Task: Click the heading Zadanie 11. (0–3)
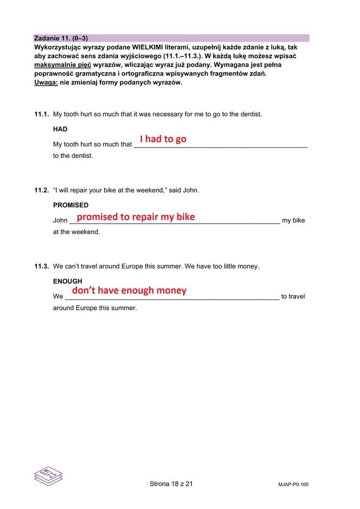(61, 39)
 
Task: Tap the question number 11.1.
(41, 114)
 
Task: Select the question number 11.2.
(41, 190)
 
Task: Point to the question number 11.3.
(41, 266)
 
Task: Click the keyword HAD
(60, 129)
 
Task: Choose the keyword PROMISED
(70, 205)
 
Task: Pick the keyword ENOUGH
(67, 281)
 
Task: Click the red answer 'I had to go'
(163, 139)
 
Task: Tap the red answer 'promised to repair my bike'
(136, 217)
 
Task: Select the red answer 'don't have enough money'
(129, 290)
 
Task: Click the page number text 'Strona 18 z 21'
(171, 483)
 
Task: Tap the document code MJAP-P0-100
(290, 485)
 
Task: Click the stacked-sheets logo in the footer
(48, 475)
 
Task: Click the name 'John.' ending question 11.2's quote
(191, 190)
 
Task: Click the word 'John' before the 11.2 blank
(60, 220)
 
